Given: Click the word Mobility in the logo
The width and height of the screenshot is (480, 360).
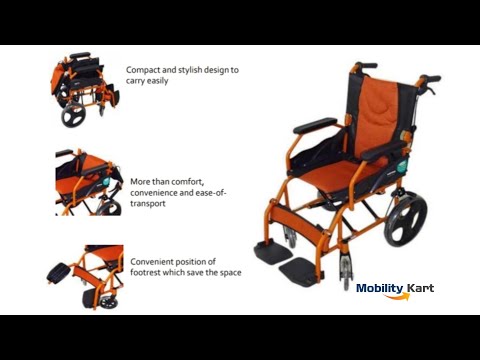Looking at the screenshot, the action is [380, 289].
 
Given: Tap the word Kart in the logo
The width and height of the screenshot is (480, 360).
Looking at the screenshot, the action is [421, 288].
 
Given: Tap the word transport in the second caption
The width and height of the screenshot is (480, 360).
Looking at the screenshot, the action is [148, 204].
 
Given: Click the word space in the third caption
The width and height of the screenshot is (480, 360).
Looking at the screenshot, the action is [231, 273].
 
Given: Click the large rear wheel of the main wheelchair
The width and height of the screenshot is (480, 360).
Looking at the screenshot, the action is [406, 219].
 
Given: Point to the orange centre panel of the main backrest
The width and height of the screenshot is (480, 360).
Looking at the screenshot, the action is [376, 117].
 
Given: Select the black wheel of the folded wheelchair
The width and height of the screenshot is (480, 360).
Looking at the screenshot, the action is [73, 115].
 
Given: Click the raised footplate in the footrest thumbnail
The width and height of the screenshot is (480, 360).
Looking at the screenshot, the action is [58, 273].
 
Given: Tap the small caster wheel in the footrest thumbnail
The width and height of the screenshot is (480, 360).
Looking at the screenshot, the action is [109, 302].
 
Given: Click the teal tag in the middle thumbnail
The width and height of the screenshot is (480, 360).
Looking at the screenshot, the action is [106, 181].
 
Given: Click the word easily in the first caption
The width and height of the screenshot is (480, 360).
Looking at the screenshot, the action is [157, 81].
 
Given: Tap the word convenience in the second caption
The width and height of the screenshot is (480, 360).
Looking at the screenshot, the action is [154, 193].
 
